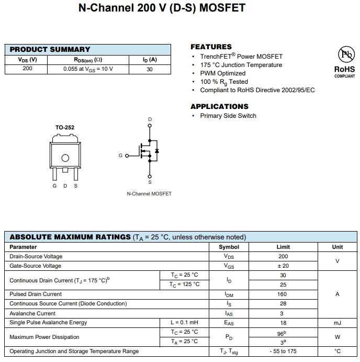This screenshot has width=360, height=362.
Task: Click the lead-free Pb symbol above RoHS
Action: [x=344, y=55]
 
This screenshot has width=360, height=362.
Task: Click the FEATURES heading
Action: [x=211, y=47]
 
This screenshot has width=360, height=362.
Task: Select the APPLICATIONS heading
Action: [x=219, y=106]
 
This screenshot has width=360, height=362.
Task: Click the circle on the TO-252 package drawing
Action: [x=65, y=158]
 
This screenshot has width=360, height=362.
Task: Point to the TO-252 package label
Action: [x=65, y=128]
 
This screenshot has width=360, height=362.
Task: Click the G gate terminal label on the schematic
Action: [x=120, y=156]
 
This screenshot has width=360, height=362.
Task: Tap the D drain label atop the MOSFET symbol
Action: [x=150, y=120]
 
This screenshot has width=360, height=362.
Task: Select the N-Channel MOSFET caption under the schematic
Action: [x=149, y=194]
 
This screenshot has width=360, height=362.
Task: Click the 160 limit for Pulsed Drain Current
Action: [x=283, y=294]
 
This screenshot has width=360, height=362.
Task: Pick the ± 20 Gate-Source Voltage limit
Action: [x=283, y=266]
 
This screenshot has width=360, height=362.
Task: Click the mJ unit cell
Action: [x=337, y=323]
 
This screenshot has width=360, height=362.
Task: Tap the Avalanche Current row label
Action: [x=32, y=313]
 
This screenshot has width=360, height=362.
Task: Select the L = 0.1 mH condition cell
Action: [x=184, y=323]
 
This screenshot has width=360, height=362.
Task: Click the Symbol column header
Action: [x=229, y=247]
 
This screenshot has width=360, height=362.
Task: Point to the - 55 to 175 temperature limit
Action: [x=283, y=352]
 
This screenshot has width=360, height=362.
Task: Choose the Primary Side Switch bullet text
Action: [x=228, y=116]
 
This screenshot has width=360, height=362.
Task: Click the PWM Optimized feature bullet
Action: [x=222, y=73]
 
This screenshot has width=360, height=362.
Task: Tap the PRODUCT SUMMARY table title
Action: [x=50, y=50]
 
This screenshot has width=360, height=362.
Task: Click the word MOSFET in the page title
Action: [x=222, y=8]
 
